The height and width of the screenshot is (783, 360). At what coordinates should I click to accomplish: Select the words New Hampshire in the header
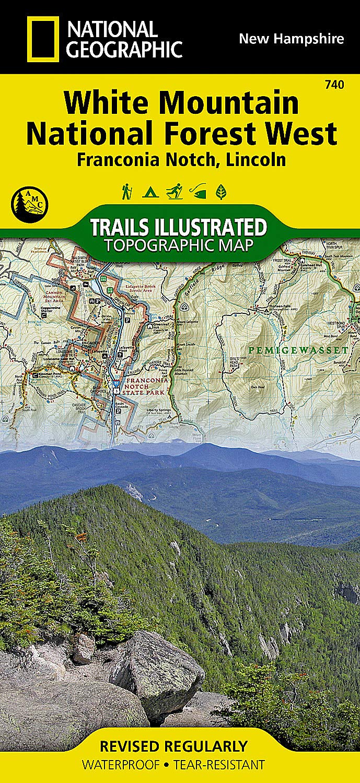291,39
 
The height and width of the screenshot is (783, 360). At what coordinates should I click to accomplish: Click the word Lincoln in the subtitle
256,159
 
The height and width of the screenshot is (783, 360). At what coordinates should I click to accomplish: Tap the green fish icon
198,192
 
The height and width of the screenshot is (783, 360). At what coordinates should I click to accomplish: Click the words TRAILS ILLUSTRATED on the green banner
178,227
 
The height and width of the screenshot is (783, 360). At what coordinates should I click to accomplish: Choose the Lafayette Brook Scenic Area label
141,288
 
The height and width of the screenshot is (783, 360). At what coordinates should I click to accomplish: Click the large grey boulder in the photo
157,674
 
